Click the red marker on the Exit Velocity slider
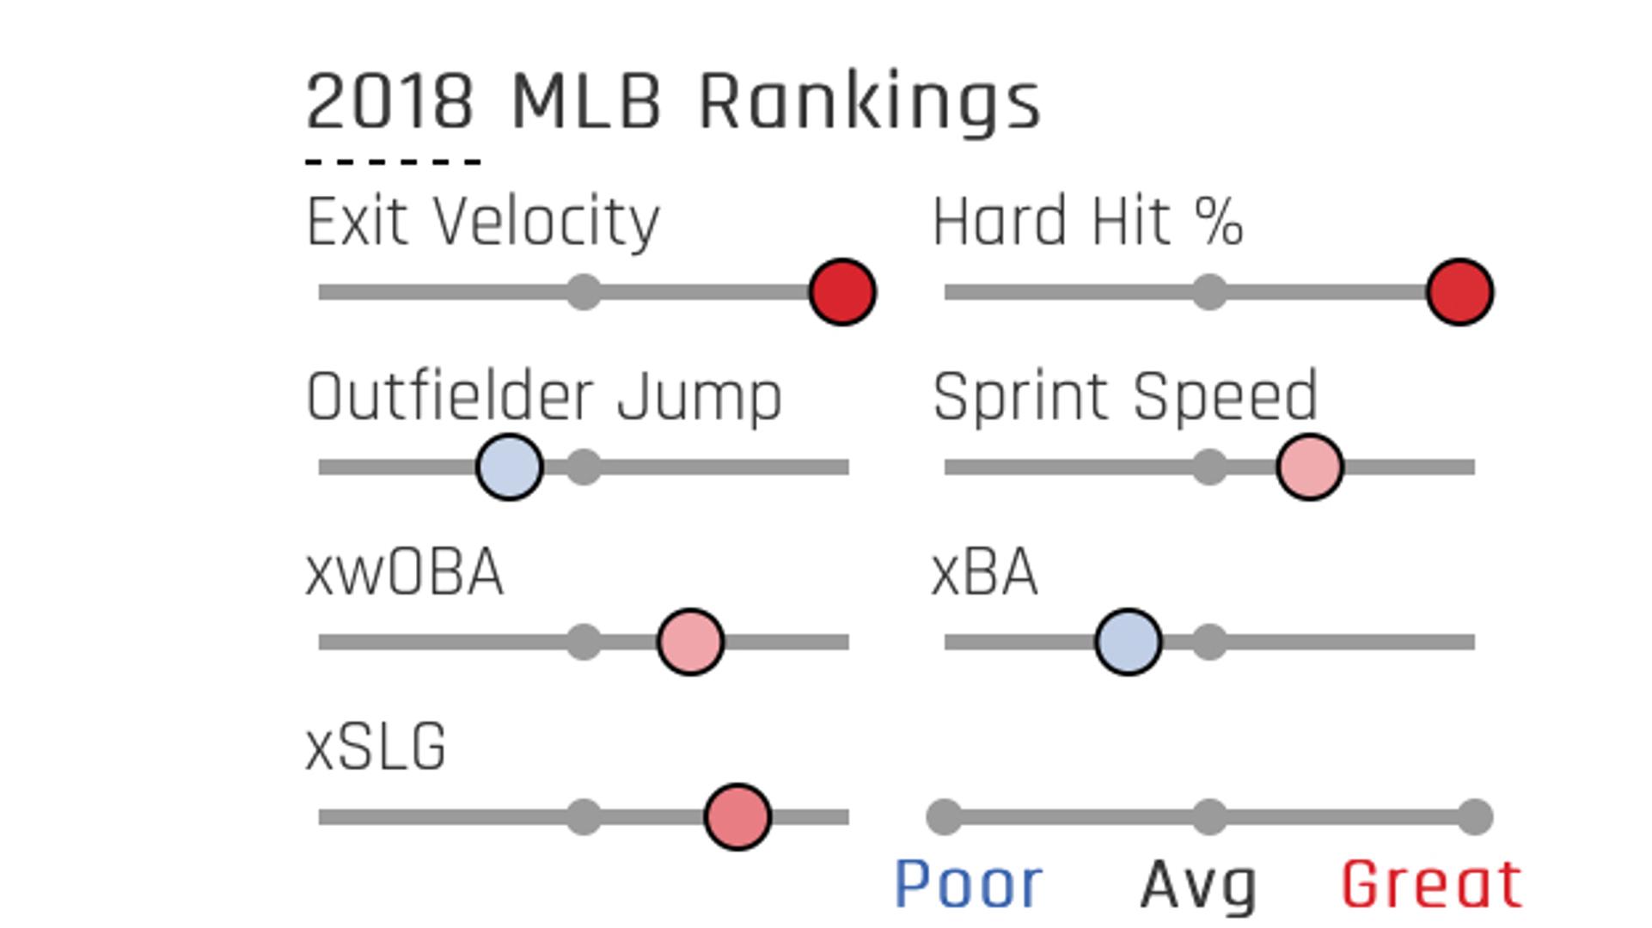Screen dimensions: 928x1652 click(x=842, y=292)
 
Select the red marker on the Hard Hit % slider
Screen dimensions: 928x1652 click(x=1459, y=292)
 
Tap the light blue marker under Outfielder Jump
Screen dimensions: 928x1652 click(x=510, y=467)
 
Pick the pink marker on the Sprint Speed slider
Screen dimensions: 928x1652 click(x=1310, y=467)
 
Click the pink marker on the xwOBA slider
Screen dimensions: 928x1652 click(x=690, y=642)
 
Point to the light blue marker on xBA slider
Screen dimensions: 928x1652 click(x=1129, y=642)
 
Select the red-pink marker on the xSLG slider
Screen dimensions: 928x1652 click(x=737, y=817)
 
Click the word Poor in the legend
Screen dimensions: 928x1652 click(x=969, y=884)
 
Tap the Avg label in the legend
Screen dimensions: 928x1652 click(x=1198, y=886)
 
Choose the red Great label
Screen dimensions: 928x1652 click(x=1432, y=884)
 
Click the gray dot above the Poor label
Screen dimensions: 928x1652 click(x=945, y=817)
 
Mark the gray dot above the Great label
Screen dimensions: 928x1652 click(x=1475, y=817)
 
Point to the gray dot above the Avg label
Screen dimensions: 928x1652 click(x=1209, y=817)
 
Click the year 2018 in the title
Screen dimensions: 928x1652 click(x=389, y=102)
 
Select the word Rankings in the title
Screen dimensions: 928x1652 click(x=869, y=103)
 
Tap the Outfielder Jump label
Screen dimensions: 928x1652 click(x=544, y=397)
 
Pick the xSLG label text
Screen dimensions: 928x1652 click(x=376, y=747)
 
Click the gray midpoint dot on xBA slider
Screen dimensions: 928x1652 click(x=1209, y=642)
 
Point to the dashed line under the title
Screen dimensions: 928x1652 click(x=393, y=162)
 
